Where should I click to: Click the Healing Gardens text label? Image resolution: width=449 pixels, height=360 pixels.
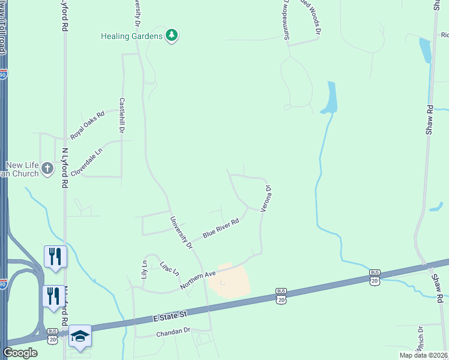(131, 37)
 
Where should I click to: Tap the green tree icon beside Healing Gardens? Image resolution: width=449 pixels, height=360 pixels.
(172, 36)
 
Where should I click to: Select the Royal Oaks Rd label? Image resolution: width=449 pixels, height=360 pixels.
(87, 124)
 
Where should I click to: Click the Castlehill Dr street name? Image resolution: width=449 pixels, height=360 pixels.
(122, 115)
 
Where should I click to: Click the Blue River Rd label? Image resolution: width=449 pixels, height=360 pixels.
(221, 228)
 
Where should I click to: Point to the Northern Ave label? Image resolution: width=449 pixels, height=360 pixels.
(197, 281)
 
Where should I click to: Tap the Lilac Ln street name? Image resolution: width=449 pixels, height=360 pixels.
(169, 268)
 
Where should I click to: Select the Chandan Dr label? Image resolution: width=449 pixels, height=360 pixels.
(173, 332)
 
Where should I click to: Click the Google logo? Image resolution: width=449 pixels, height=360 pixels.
(20, 353)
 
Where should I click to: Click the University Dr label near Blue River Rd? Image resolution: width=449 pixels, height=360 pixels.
(181, 233)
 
